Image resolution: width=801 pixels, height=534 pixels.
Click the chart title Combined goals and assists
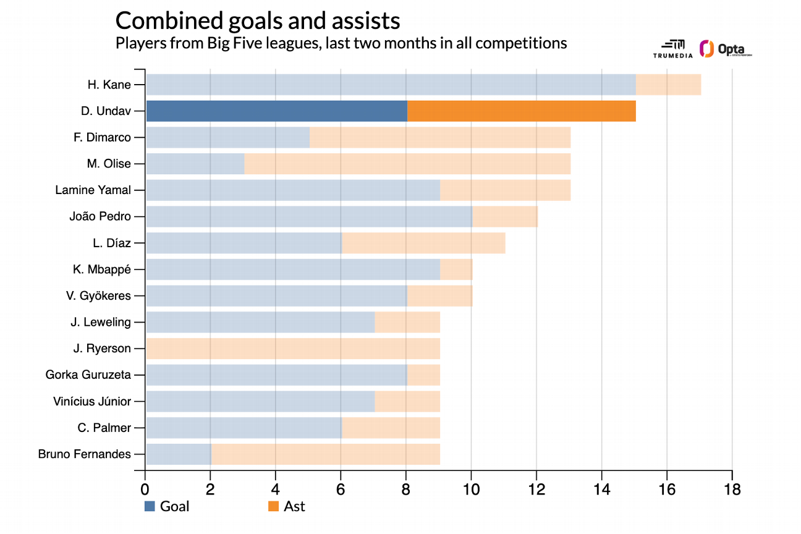(258, 21)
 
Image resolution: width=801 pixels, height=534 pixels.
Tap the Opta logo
(725, 49)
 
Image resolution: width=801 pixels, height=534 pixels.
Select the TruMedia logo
(672, 49)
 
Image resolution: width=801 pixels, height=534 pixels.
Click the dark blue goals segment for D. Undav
(276, 111)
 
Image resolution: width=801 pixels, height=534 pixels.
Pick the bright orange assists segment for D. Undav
(522, 111)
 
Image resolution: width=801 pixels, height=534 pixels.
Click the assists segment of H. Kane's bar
(668, 85)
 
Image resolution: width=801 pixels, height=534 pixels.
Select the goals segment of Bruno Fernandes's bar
(178, 454)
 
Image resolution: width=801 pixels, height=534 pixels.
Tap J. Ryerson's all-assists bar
(292, 349)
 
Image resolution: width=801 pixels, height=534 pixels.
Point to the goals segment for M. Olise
(195, 164)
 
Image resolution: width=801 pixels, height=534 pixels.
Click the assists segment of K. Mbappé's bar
(456, 269)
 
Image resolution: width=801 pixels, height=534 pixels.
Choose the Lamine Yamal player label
(93, 190)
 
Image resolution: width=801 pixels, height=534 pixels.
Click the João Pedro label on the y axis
(100, 217)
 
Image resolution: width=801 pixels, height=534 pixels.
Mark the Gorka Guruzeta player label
(88, 375)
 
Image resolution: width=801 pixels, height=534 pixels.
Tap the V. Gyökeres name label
(98, 296)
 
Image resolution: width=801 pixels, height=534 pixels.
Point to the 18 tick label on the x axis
(732, 489)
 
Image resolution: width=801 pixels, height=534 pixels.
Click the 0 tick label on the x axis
(145, 489)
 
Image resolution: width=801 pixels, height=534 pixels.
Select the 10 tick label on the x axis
(471, 489)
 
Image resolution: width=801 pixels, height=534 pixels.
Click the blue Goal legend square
(150, 507)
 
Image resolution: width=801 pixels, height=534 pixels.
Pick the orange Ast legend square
(273, 507)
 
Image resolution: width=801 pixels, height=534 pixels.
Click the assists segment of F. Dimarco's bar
(439, 137)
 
